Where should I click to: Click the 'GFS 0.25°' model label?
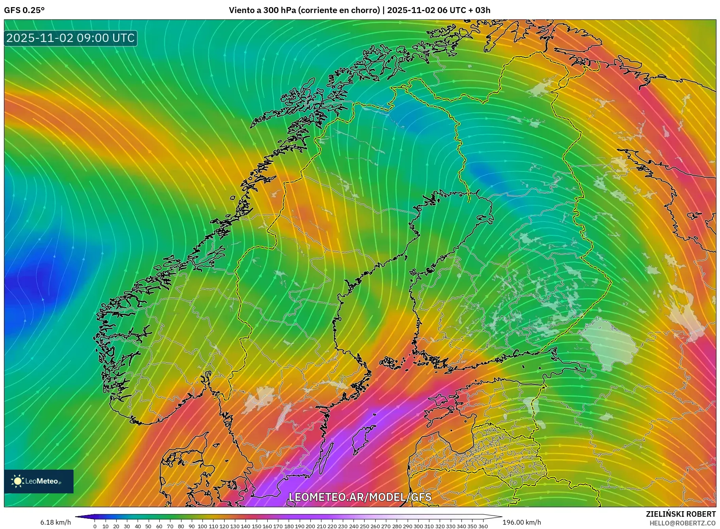(24, 10)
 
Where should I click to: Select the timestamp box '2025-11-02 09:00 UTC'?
(70, 38)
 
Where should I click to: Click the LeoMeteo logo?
(38, 481)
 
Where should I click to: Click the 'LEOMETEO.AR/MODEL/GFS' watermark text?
(360, 497)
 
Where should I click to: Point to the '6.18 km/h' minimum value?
(55, 522)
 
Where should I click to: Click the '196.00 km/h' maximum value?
(522, 522)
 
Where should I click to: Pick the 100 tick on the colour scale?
(202, 526)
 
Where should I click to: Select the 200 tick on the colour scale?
(310, 526)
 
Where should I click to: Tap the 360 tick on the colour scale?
(483, 526)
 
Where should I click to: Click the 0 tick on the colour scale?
(95, 526)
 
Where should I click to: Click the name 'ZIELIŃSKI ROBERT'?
(680, 514)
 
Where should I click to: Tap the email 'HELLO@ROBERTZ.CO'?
(682, 523)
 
